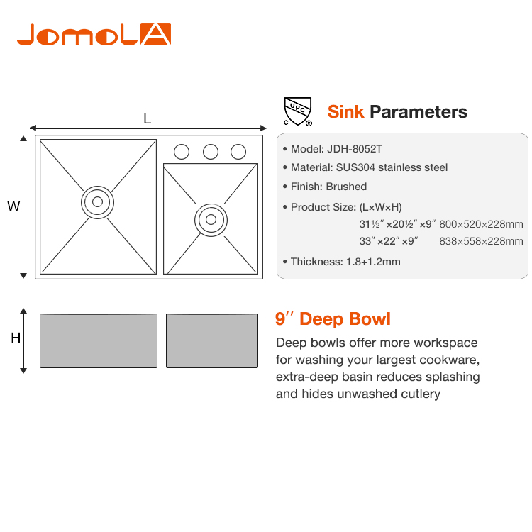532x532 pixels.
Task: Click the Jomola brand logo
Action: pyautogui.click(x=94, y=34)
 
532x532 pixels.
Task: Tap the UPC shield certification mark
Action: pyautogui.click(x=297, y=111)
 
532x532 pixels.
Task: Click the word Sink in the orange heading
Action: pyautogui.click(x=345, y=111)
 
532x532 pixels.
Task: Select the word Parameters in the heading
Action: pyautogui.click(x=419, y=111)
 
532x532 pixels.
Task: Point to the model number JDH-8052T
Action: pyautogui.click(x=355, y=149)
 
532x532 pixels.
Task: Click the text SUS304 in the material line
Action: pyautogui.click(x=355, y=167)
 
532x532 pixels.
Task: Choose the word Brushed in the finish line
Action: pyautogui.click(x=346, y=187)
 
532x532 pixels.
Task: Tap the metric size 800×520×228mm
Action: pyautogui.click(x=481, y=224)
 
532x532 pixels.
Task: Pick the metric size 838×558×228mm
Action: pyautogui.click(x=481, y=241)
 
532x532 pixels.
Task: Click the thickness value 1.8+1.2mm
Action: pyautogui.click(x=373, y=262)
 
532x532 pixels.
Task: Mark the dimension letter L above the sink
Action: pyautogui.click(x=148, y=118)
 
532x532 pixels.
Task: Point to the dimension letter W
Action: pyautogui.click(x=13, y=206)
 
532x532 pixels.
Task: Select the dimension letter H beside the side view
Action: pyautogui.click(x=16, y=338)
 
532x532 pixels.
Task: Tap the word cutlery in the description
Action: pyautogui.click(x=421, y=394)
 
